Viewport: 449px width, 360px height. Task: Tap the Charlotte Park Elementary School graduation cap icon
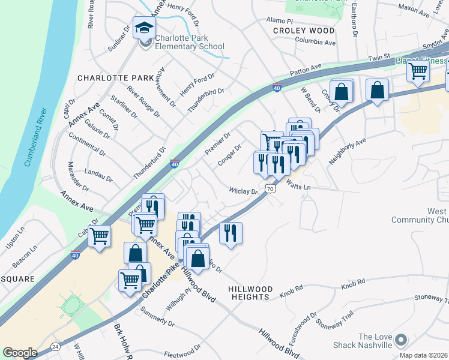[145, 28]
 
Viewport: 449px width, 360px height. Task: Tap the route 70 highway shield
[271, 188]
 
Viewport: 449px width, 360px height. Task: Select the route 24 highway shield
[55, 346]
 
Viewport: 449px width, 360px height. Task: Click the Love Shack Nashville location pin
[401, 341]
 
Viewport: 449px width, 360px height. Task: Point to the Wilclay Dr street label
[243, 191]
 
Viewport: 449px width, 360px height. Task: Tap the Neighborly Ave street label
[347, 153]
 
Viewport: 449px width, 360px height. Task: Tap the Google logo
[20, 352]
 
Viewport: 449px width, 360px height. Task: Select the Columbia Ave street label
[315, 43]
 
